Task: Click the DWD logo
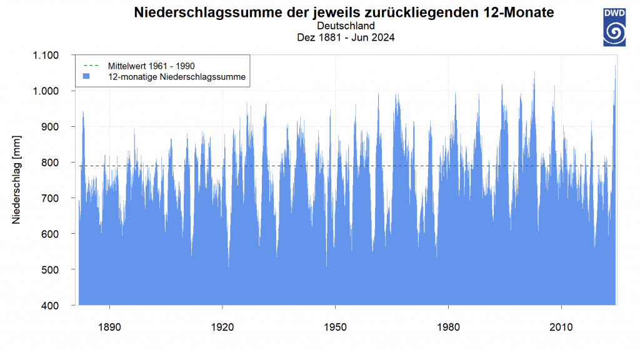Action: pos(614,26)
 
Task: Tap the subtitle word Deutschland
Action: pos(346,26)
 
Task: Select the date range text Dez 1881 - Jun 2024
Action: pos(346,37)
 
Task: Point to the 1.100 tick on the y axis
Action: pos(45,56)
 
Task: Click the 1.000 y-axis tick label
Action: pos(45,91)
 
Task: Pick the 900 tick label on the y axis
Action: pos(49,127)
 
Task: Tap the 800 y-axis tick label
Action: pos(49,162)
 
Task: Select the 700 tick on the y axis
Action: pos(49,198)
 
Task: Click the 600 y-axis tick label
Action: pos(49,234)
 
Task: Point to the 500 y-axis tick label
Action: pos(49,270)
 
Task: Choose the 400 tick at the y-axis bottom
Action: pos(49,306)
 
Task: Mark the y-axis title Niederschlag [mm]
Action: pos(16,180)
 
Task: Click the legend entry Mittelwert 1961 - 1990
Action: pos(152,65)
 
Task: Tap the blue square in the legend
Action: pos(87,76)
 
